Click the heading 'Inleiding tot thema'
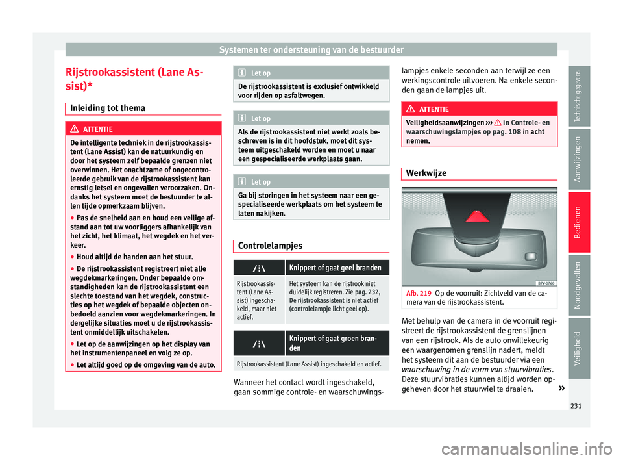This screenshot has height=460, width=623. point(103,108)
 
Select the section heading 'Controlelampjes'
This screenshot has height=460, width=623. point(271,246)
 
